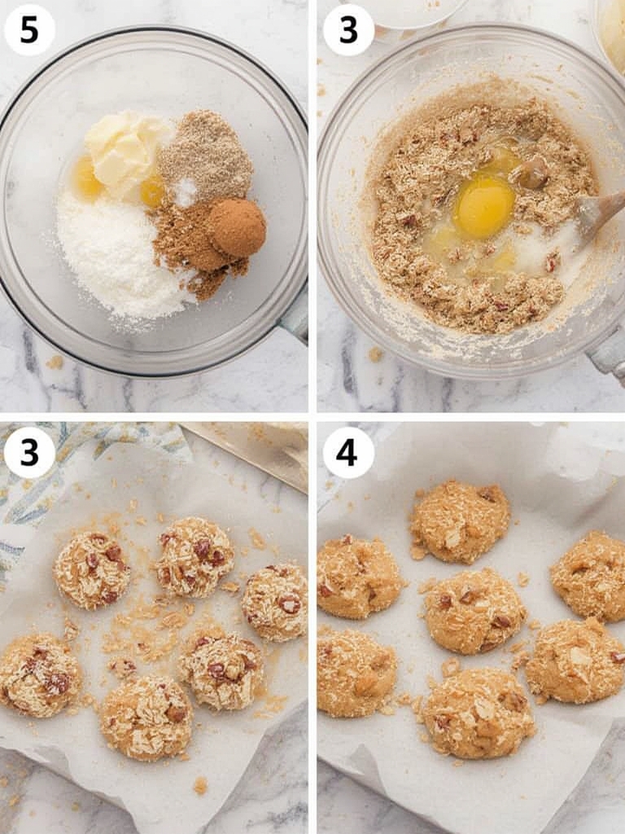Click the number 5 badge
(29, 29)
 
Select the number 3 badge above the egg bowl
(348, 29)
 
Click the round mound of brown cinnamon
(238, 227)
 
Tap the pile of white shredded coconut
(118, 252)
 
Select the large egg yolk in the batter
(483, 206)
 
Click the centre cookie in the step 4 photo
(474, 611)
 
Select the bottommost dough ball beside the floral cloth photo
(146, 718)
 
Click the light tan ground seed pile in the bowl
(206, 155)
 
